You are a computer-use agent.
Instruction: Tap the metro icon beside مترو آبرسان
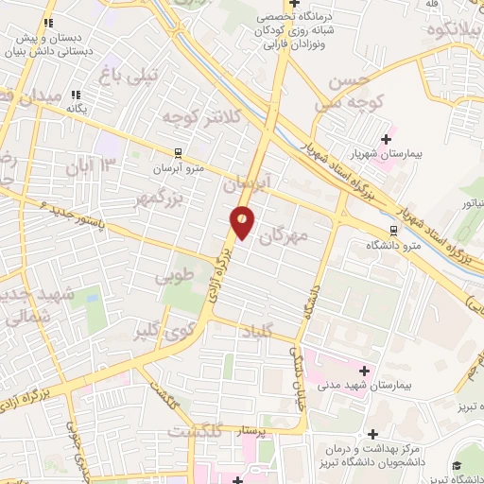click(177, 152)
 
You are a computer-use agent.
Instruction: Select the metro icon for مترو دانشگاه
click(393, 232)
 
